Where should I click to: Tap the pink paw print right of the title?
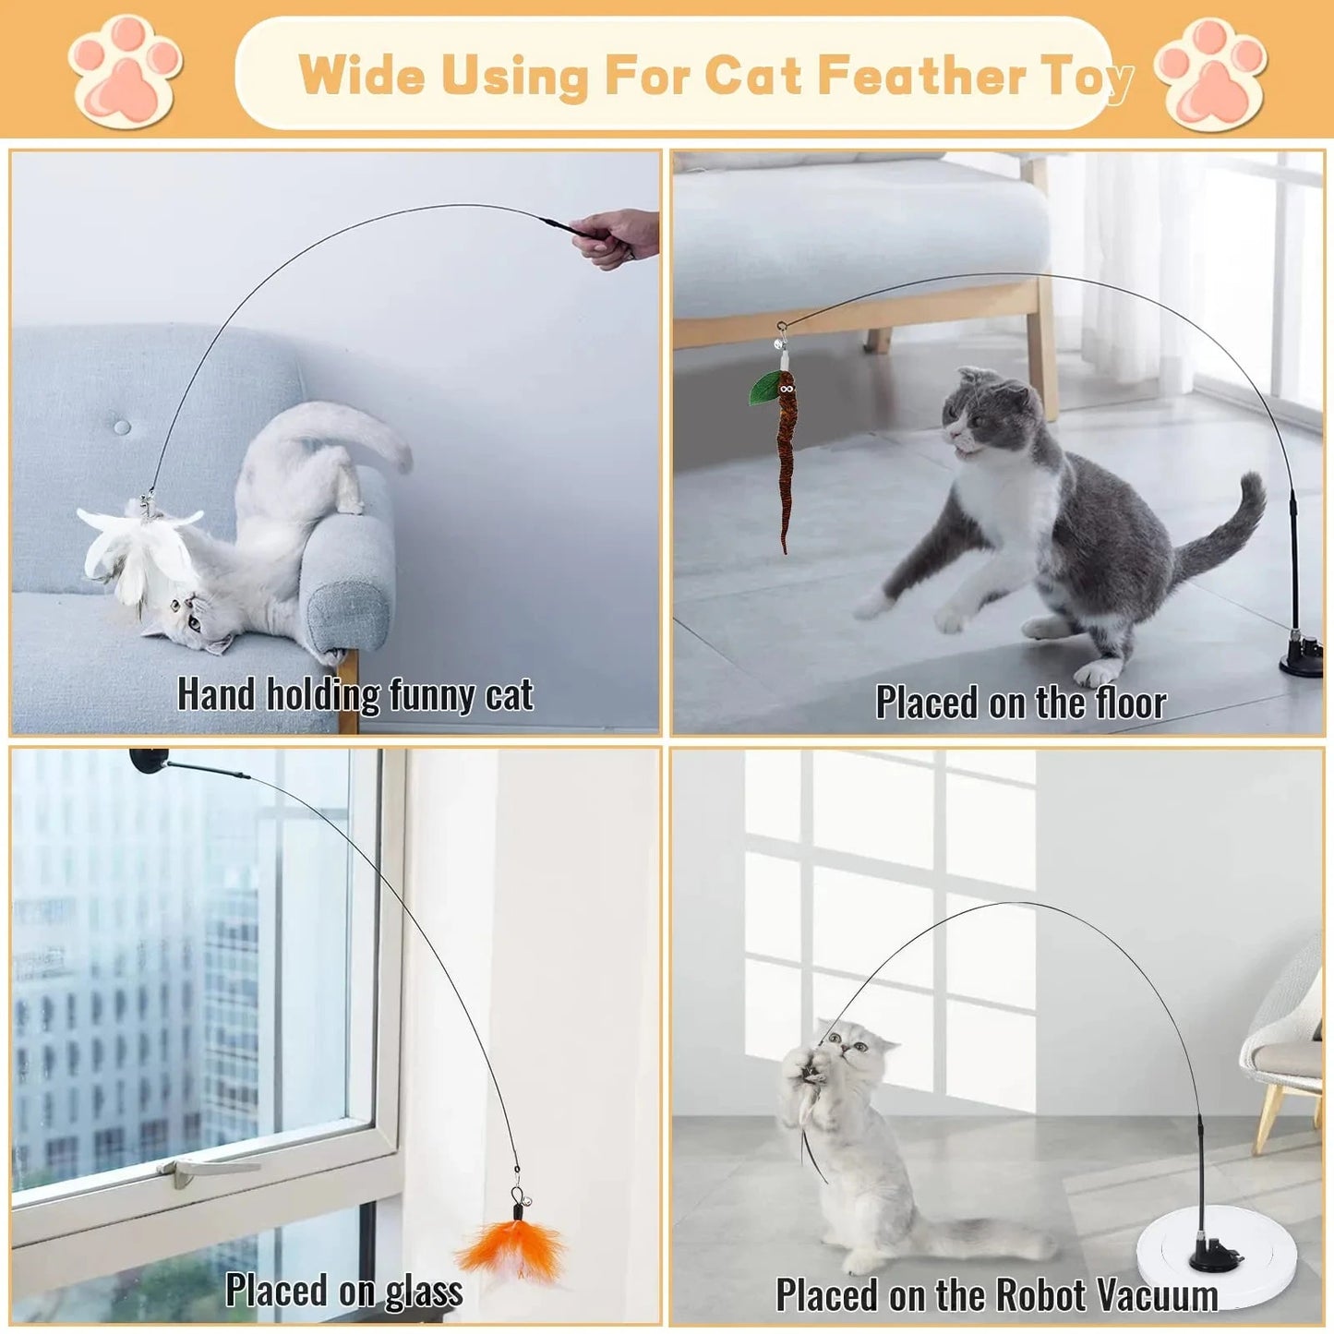[x=1210, y=73]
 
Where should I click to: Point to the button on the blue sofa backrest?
[x=122, y=427]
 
